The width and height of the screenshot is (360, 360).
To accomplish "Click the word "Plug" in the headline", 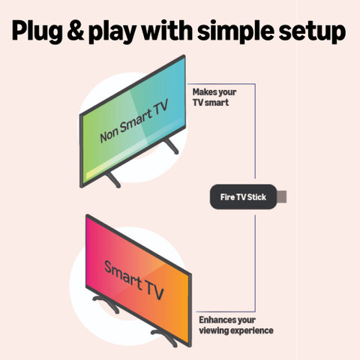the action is pyautogui.click(x=37, y=31).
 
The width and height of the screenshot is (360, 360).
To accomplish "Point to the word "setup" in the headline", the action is pyautogui.click(x=312, y=32).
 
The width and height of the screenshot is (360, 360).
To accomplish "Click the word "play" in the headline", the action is pyautogui.click(x=113, y=32).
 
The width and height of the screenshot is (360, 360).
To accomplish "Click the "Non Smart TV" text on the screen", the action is pyautogui.click(x=133, y=121).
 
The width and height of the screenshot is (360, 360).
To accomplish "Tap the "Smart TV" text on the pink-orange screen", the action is pyautogui.click(x=134, y=280).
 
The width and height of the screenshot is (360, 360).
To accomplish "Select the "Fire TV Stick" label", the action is pyautogui.click(x=243, y=197).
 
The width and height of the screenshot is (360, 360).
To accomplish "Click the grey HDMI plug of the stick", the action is pyautogui.click(x=282, y=196).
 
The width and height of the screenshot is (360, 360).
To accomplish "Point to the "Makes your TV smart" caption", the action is pyautogui.click(x=214, y=97).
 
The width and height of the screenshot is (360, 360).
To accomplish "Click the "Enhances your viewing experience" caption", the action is pyautogui.click(x=236, y=325).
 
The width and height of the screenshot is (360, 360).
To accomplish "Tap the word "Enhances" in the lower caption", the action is pyautogui.click(x=217, y=320).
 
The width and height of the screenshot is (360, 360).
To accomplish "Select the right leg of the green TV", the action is pyautogui.click(x=172, y=146).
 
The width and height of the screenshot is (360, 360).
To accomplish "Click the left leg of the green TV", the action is pyautogui.click(x=113, y=180).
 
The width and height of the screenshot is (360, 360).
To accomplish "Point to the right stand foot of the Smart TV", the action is pyautogui.click(x=164, y=337).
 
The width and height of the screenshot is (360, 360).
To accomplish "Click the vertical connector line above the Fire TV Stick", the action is pyautogui.click(x=255, y=131).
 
